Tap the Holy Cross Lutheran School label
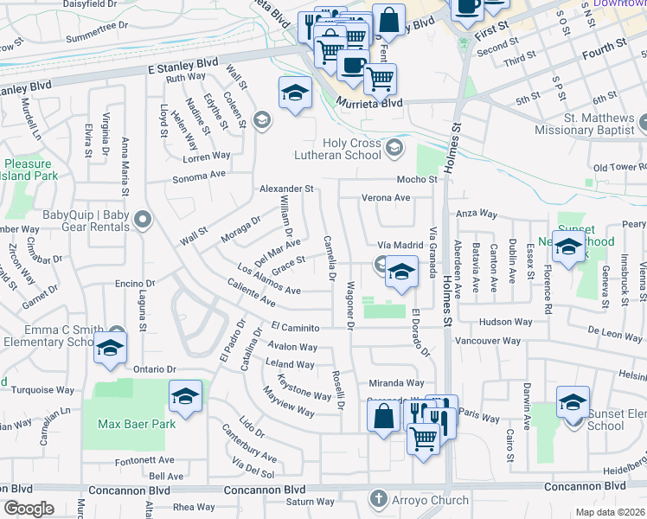pyautogui.click(x=339, y=149)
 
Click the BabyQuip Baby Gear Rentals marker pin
pyautogui.click(x=144, y=221)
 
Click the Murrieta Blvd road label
pyautogui.click(x=369, y=102)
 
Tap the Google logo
pyautogui.click(x=29, y=509)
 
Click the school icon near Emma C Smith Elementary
pyautogui.click(x=112, y=348)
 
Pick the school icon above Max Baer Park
pyautogui.click(x=185, y=395)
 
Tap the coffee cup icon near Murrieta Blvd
pyautogui.click(x=352, y=65)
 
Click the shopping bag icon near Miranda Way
pyautogui.click(x=383, y=415)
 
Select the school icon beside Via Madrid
pyautogui.click(x=400, y=273)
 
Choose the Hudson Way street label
pyautogui.click(x=504, y=321)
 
